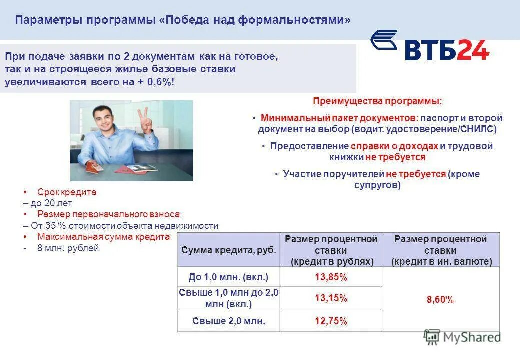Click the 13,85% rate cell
tap(331, 277)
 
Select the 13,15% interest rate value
tap(331, 298)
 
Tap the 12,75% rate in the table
tap(331, 321)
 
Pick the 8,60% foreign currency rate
tap(440, 300)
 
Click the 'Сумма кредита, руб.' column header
tap(229, 250)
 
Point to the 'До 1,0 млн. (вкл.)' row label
tap(229, 277)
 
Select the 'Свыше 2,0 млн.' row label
tap(229, 321)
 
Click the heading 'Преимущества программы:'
tap(377, 101)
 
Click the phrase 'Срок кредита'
tap(67, 192)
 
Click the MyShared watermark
tap(462, 337)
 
